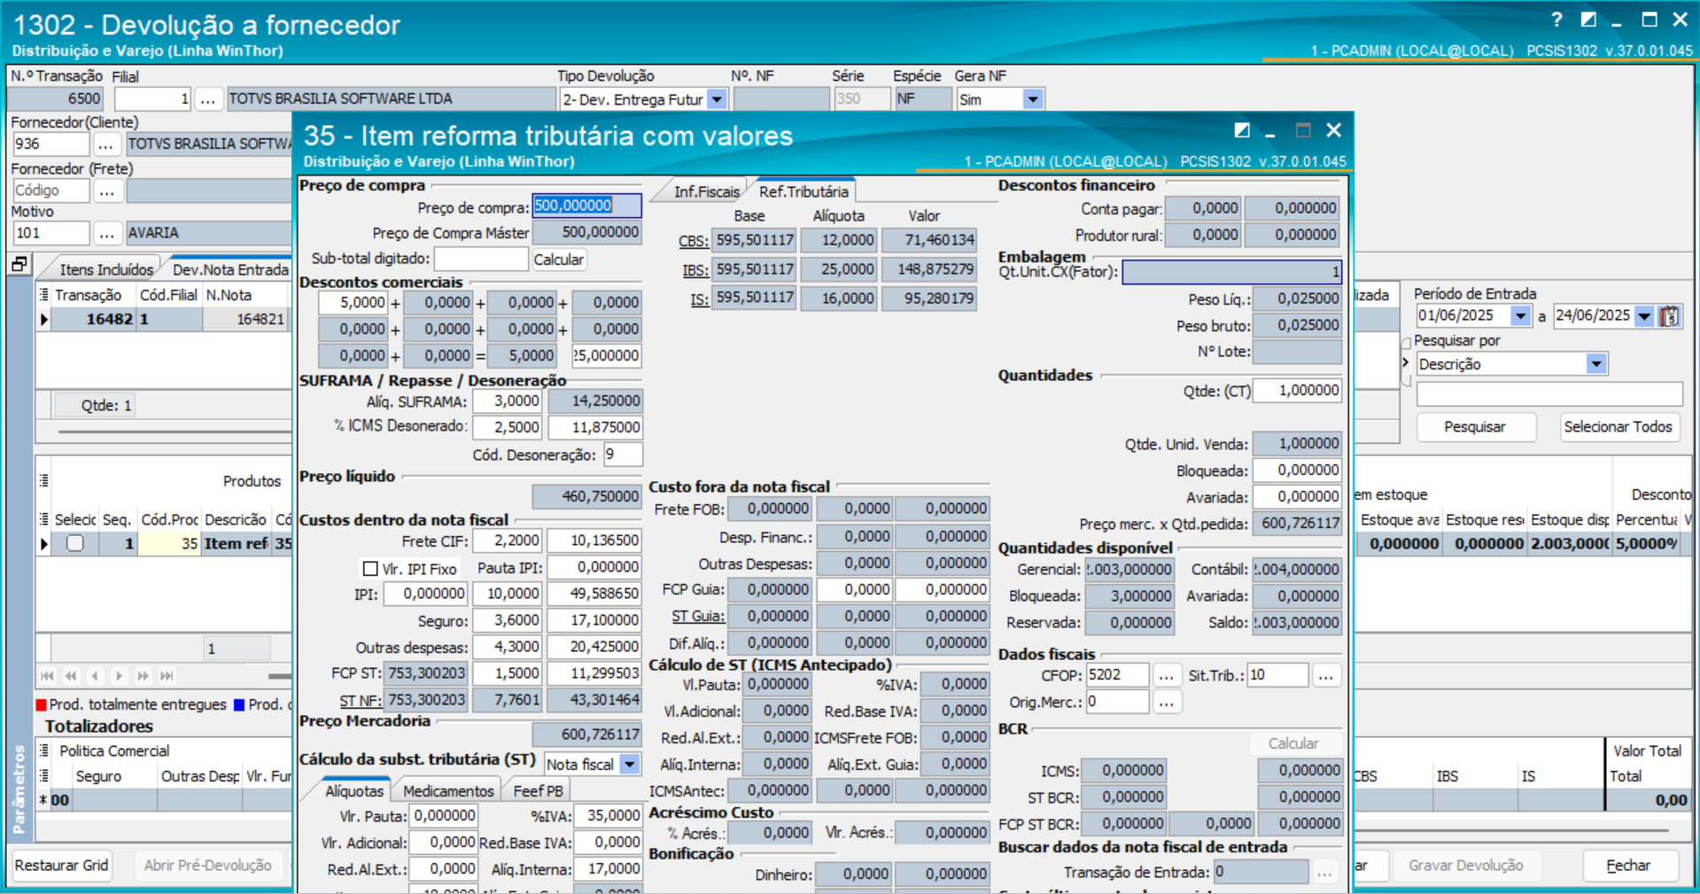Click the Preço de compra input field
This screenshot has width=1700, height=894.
coord(586,206)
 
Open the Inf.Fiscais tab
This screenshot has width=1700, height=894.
coord(705,191)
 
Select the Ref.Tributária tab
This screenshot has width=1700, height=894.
coord(803,191)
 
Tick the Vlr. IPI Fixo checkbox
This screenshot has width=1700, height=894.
coord(370,569)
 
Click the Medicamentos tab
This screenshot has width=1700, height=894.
coord(448,790)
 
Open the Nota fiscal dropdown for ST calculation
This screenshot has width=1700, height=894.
coord(630,764)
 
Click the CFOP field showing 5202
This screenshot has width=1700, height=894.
coord(1117,675)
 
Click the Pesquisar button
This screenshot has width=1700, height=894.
coord(1474,427)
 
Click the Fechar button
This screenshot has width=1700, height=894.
coord(1628,866)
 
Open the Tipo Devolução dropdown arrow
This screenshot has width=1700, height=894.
coord(717,99)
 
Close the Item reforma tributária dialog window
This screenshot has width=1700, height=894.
coord(1333,130)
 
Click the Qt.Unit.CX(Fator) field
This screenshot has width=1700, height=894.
coord(1231,272)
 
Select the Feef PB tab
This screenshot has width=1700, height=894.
coord(538,790)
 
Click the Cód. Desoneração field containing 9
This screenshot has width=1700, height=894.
coord(622,455)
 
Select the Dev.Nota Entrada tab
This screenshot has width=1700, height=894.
coord(230,269)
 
